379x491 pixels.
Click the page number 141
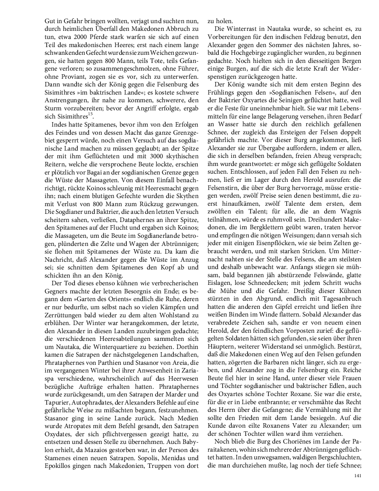click(358, 476)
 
